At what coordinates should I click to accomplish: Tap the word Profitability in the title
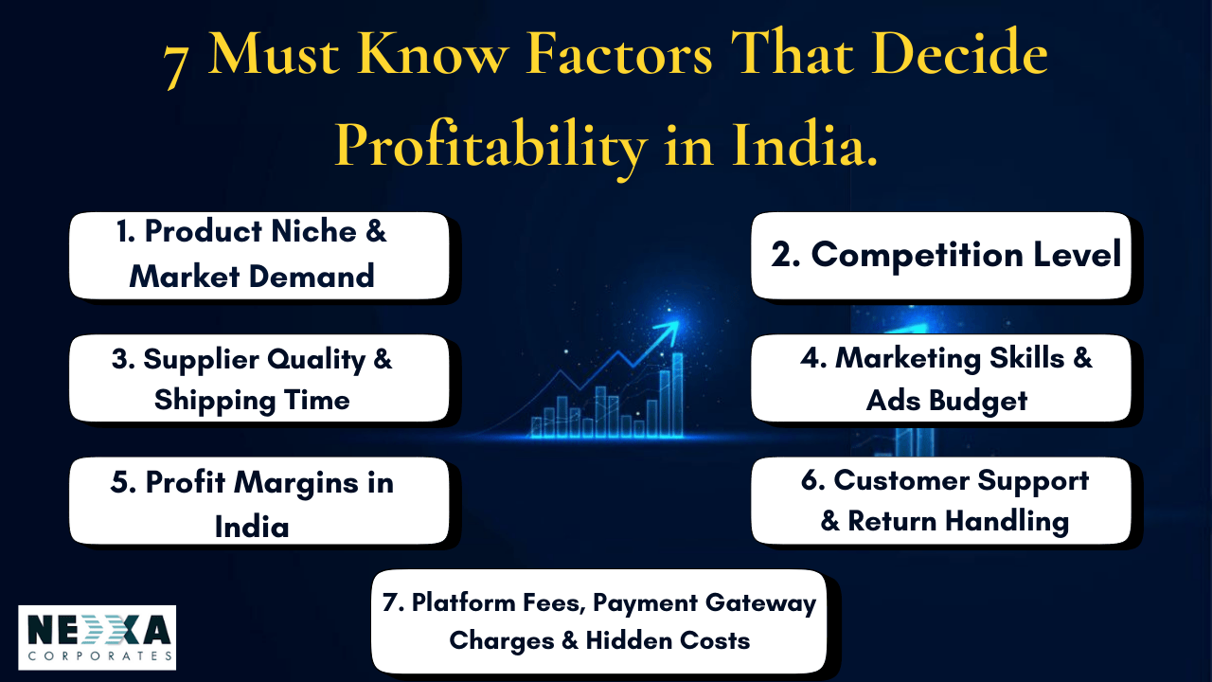490,147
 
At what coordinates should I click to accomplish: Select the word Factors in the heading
619,54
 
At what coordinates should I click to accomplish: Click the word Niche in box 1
313,232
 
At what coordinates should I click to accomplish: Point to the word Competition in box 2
918,256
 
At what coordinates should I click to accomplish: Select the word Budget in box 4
978,402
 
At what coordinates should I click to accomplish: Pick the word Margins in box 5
296,483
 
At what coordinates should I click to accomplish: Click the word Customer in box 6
901,480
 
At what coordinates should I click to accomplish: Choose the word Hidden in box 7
629,641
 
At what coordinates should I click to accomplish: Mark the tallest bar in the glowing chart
677,395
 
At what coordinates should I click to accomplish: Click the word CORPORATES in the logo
100,656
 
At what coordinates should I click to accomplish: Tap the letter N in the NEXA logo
41,630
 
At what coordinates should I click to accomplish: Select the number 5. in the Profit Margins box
123,482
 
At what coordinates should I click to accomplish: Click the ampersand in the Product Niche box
376,231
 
